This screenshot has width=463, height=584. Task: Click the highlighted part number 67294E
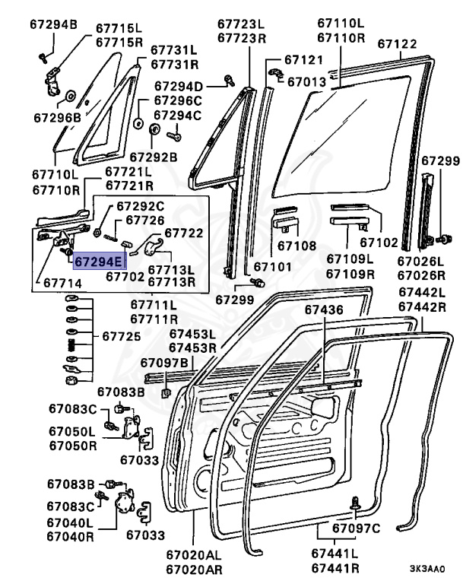97,262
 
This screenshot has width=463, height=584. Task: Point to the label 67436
324,310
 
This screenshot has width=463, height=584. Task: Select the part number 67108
296,246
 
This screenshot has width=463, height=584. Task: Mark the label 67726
144,220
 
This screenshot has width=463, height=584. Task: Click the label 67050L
71,431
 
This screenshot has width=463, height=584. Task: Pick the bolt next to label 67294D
228,79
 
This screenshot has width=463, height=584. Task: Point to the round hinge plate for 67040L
124,503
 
